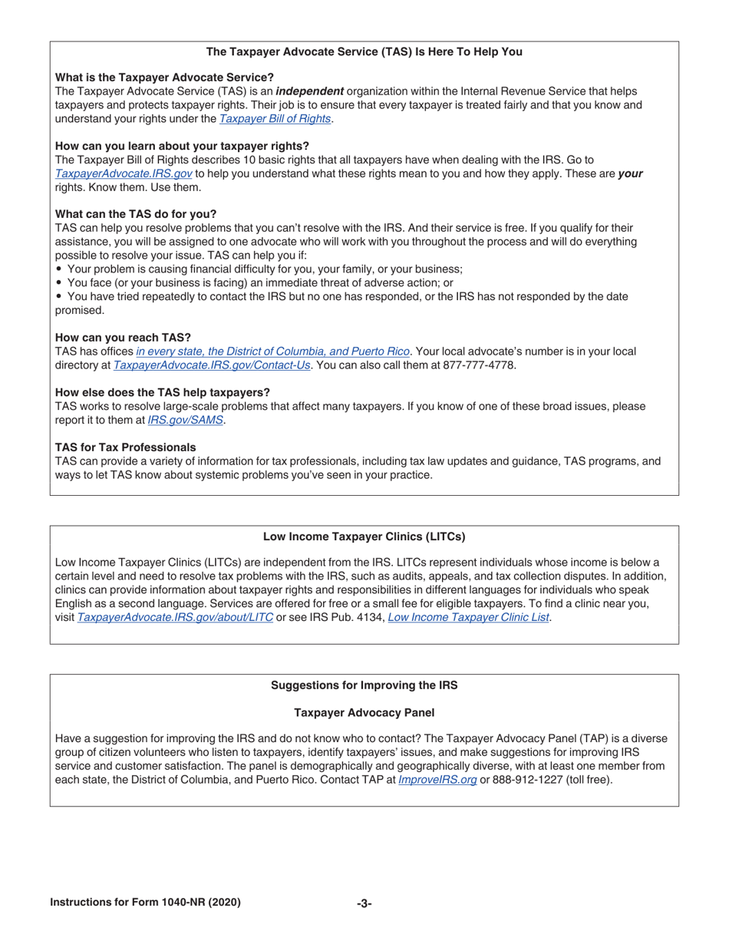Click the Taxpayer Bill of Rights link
tap(275, 119)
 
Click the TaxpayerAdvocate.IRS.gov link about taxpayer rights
tap(124, 173)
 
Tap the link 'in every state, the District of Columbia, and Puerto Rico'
tap(273, 352)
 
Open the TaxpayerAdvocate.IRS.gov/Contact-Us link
tap(212, 365)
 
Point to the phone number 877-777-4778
tap(479, 365)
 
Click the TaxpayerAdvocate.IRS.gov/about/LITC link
tap(175, 617)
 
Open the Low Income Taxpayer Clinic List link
tap(468, 617)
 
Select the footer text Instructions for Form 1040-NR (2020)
tap(145, 903)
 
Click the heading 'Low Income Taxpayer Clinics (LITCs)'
tap(364, 536)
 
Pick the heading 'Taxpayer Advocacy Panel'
tap(364, 712)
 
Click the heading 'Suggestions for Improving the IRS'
tap(364, 685)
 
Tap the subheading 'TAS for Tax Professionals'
tap(125, 447)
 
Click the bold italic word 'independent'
tap(309, 91)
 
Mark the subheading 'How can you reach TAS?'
tap(123, 338)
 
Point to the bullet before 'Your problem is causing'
tap(59, 269)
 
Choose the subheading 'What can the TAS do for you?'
tap(136, 214)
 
